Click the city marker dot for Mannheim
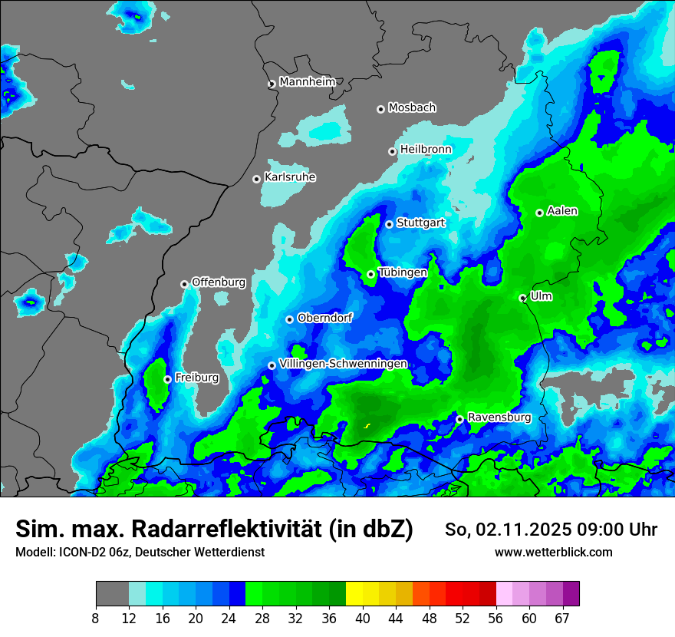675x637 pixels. (x=272, y=84)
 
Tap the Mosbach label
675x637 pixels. (x=412, y=108)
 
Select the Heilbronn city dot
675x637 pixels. (x=393, y=151)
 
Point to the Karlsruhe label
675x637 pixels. (x=290, y=177)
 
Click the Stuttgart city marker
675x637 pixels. (x=390, y=224)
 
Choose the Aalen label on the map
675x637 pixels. (x=562, y=211)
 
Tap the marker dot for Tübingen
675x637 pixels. (x=371, y=274)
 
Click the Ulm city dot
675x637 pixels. (x=523, y=298)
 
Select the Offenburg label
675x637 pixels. (x=219, y=282)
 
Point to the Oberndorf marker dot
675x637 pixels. (x=290, y=319)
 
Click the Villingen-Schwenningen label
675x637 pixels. (x=343, y=364)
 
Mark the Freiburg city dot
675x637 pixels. (x=168, y=379)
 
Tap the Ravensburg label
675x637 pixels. (x=499, y=418)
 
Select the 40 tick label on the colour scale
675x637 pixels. (x=363, y=619)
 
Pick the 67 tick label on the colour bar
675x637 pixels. (x=562, y=619)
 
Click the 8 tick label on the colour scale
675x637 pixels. (x=96, y=619)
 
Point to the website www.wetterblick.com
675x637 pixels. (x=554, y=552)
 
